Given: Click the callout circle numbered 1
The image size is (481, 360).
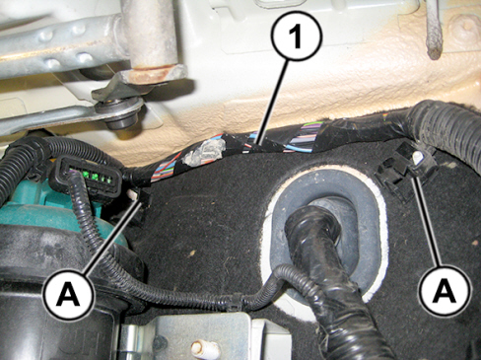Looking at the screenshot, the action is pos(297,37).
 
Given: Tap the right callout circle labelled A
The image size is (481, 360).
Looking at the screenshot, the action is pos(445,290).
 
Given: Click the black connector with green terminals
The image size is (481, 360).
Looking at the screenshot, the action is pos(90,174).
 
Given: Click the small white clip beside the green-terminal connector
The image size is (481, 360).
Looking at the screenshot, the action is pos(133,194).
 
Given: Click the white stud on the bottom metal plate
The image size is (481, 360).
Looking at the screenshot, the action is pos(203,347).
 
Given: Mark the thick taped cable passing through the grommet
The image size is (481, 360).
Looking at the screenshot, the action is pos(332,273).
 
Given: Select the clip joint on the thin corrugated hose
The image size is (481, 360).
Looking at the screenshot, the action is pos(237,303).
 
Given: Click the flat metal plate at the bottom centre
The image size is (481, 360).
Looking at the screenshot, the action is pos(200,337).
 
